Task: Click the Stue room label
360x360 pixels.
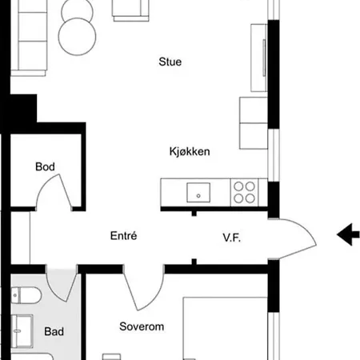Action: tap(170, 62)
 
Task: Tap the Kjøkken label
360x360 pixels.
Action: tap(190, 151)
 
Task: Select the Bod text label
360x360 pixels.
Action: tap(45, 166)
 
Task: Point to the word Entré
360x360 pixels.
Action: tap(124, 236)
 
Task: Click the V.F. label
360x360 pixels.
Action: tap(232, 238)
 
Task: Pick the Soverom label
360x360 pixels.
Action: tap(142, 326)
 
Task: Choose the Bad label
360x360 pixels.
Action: tap(54, 331)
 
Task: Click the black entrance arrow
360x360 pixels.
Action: tap(348, 234)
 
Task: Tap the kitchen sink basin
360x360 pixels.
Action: tap(198, 192)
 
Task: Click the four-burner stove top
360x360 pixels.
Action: tap(244, 192)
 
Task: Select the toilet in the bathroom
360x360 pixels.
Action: tap(26, 295)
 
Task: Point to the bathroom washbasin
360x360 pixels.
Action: tap(22, 331)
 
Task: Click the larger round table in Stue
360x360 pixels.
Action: tap(77, 37)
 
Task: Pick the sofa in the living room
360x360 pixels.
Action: tap(29, 38)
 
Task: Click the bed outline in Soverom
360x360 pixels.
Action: tap(225, 329)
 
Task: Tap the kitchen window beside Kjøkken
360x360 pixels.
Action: tap(274, 155)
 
